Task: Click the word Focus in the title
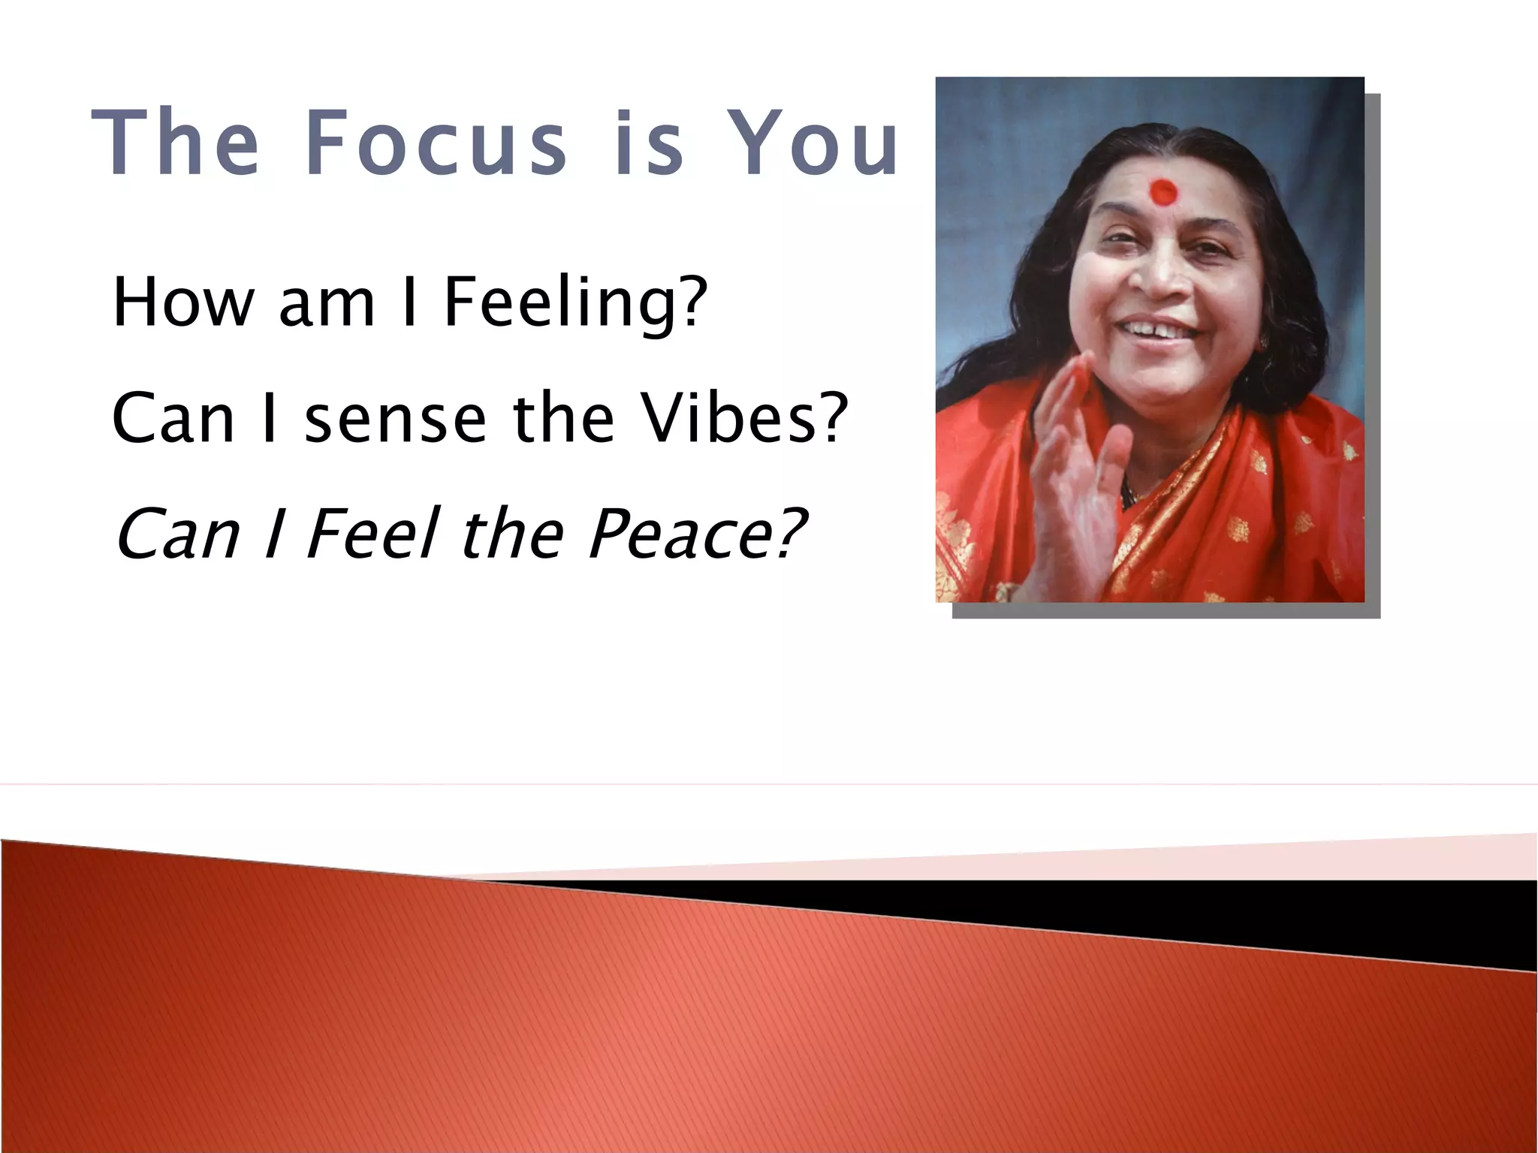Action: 436,143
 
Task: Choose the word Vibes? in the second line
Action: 744,417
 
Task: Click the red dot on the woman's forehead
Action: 1163,192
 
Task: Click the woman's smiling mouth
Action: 1157,330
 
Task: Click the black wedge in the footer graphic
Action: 1277,912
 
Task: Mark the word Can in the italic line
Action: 177,534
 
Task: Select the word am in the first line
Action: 327,303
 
